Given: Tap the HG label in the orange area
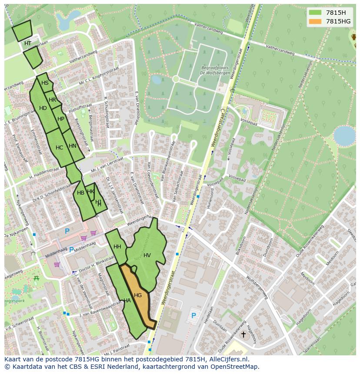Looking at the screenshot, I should pyautogui.click(x=138, y=295).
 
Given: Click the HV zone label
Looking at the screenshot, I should pyautogui.click(x=147, y=255).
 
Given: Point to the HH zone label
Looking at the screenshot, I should pyautogui.click(x=117, y=247).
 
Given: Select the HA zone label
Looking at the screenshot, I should pyautogui.click(x=127, y=300).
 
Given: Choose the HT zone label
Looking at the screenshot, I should pyautogui.click(x=28, y=43).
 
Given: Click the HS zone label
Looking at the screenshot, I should pyautogui.click(x=45, y=83).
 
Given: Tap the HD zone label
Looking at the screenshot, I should pyautogui.click(x=43, y=108).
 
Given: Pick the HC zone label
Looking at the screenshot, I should pyautogui.click(x=60, y=148).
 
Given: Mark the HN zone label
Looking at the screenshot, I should pyautogui.click(x=73, y=146).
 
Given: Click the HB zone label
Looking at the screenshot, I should pyautogui.click(x=80, y=193).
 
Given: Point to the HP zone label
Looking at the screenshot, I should pyautogui.click(x=61, y=119).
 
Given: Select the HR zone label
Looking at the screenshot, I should pyautogui.click(x=53, y=100).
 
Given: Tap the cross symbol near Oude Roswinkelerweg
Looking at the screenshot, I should pyautogui.click(x=243, y=334).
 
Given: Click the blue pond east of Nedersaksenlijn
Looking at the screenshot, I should pyautogui.click(x=344, y=136).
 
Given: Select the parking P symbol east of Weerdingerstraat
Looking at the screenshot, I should pyautogui.click(x=193, y=315).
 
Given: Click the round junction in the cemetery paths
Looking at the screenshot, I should pyautogui.click(x=176, y=79).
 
